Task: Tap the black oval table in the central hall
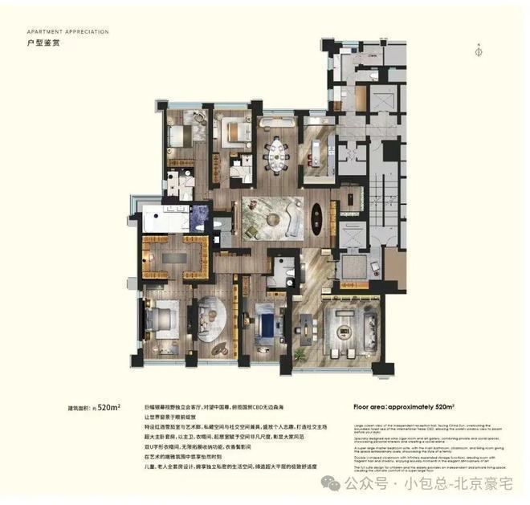pyautogui.click(x=316, y=217)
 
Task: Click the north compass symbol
pyautogui.click(x=479, y=49)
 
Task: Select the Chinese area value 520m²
pyautogui.click(x=108, y=407)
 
